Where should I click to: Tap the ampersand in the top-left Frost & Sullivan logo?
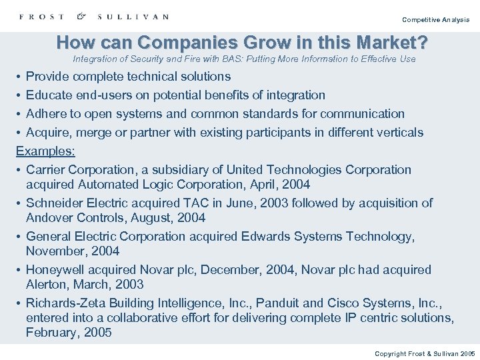(81, 16)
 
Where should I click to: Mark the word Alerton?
(47, 285)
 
